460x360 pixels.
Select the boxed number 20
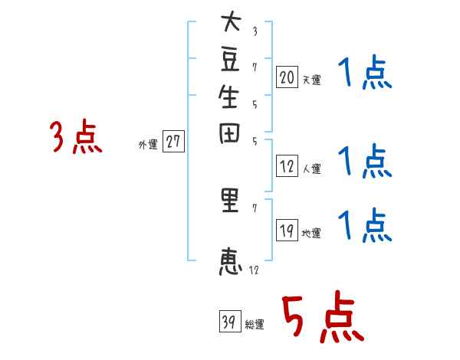287,77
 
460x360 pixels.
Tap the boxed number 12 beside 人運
287,166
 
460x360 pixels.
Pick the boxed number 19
287,231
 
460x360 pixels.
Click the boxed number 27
174,142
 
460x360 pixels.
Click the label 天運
312,80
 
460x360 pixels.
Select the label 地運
312,233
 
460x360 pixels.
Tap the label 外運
148,144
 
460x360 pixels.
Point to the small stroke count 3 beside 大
255,31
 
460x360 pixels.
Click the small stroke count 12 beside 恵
255,270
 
